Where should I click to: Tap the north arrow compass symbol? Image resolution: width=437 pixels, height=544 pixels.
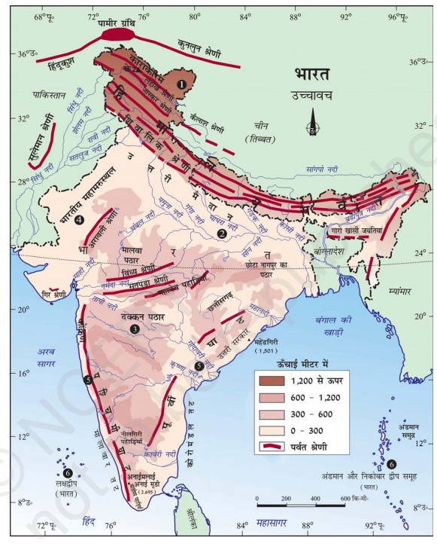coord(313,123)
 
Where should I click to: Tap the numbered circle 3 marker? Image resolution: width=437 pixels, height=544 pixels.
coord(135,329)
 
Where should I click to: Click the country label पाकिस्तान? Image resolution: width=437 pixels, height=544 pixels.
coord(50,96)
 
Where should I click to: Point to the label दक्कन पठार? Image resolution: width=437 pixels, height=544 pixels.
coord(139,317)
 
